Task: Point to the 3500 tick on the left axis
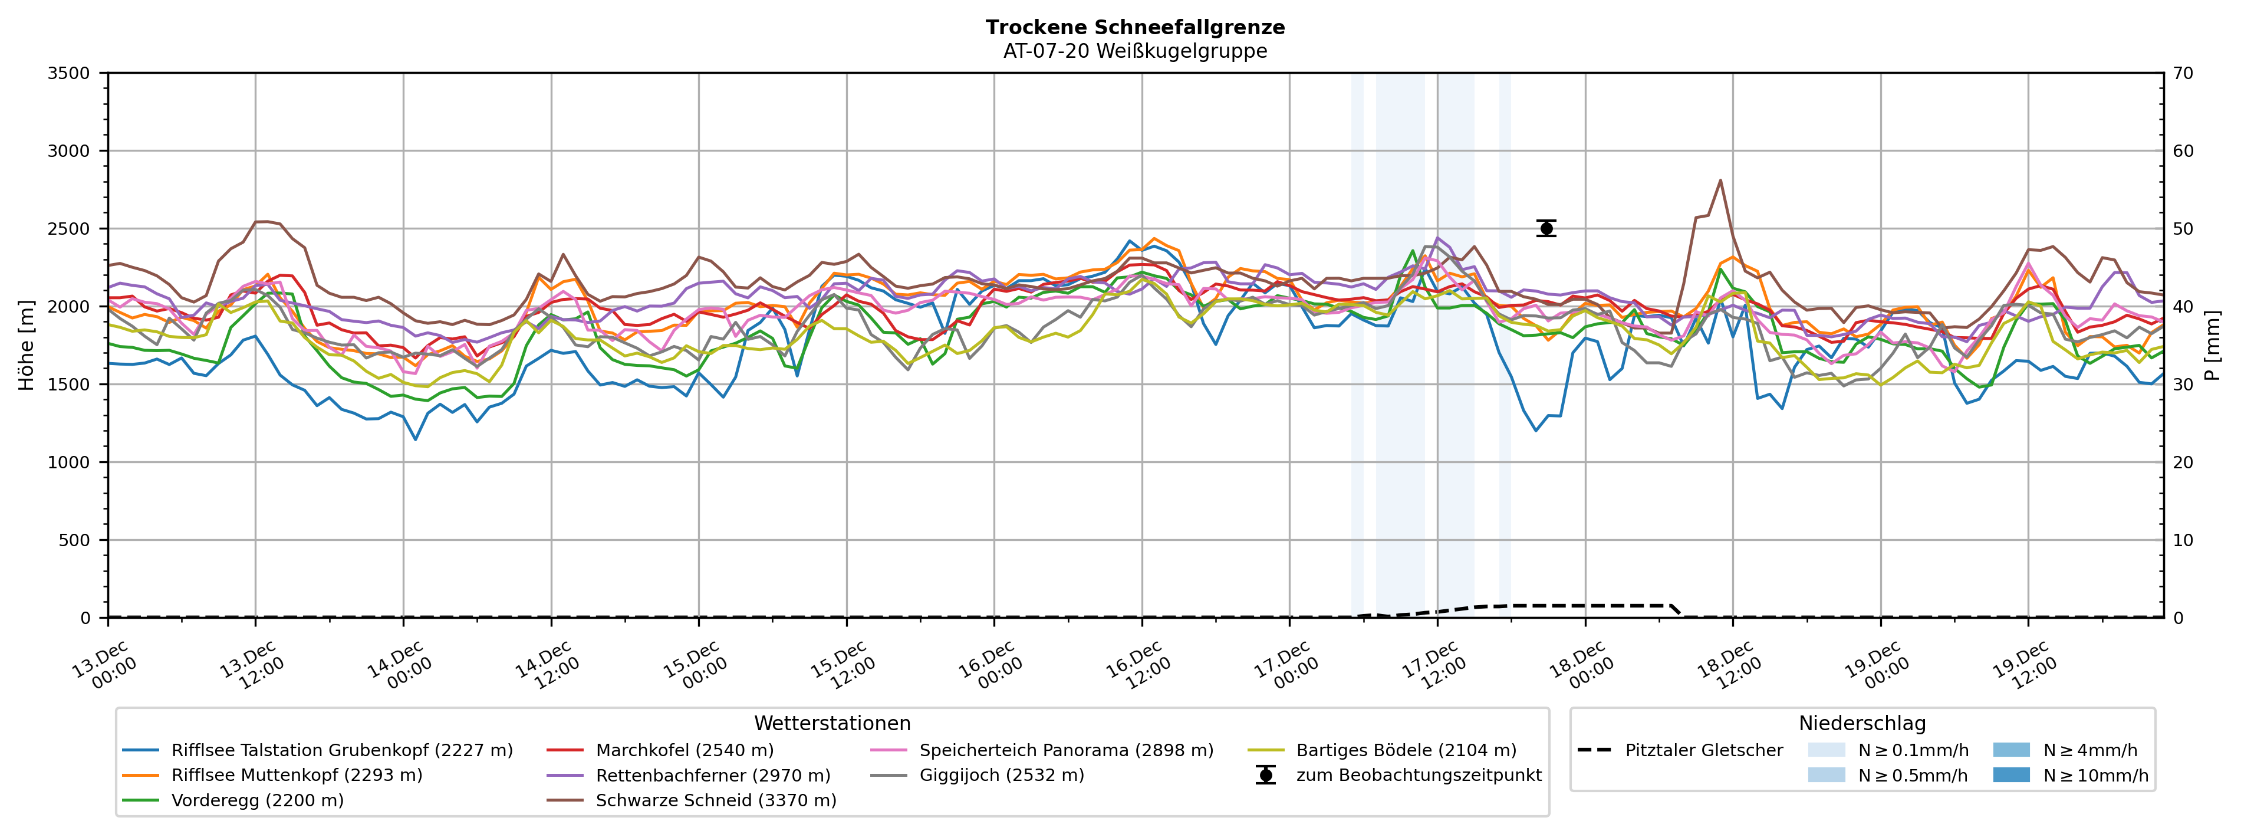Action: [x=69, y=73]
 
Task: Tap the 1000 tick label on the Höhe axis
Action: [x=69, y=462]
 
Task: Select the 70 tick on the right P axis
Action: [x=2183, y=73]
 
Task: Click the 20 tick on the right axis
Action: [x=2183, y=462]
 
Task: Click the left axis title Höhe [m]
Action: [x=26, y=346]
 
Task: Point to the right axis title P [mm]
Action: [x=2212, y=346]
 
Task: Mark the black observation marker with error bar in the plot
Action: [x=1546, y=228]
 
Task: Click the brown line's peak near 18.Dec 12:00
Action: [x=1720, y=180]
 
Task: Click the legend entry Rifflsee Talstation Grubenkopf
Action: [x=341, y=750]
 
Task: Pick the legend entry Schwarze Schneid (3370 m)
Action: [x=715, y=800]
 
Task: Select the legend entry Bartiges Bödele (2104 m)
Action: [x=1405, y=750]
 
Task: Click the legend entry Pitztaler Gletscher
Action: [x=1703, y=750]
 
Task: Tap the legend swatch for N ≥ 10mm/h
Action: [x=2010, y=775]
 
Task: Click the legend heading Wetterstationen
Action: [x=832, y=724]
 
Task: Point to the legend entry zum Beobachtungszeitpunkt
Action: [x=1418, y=775]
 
